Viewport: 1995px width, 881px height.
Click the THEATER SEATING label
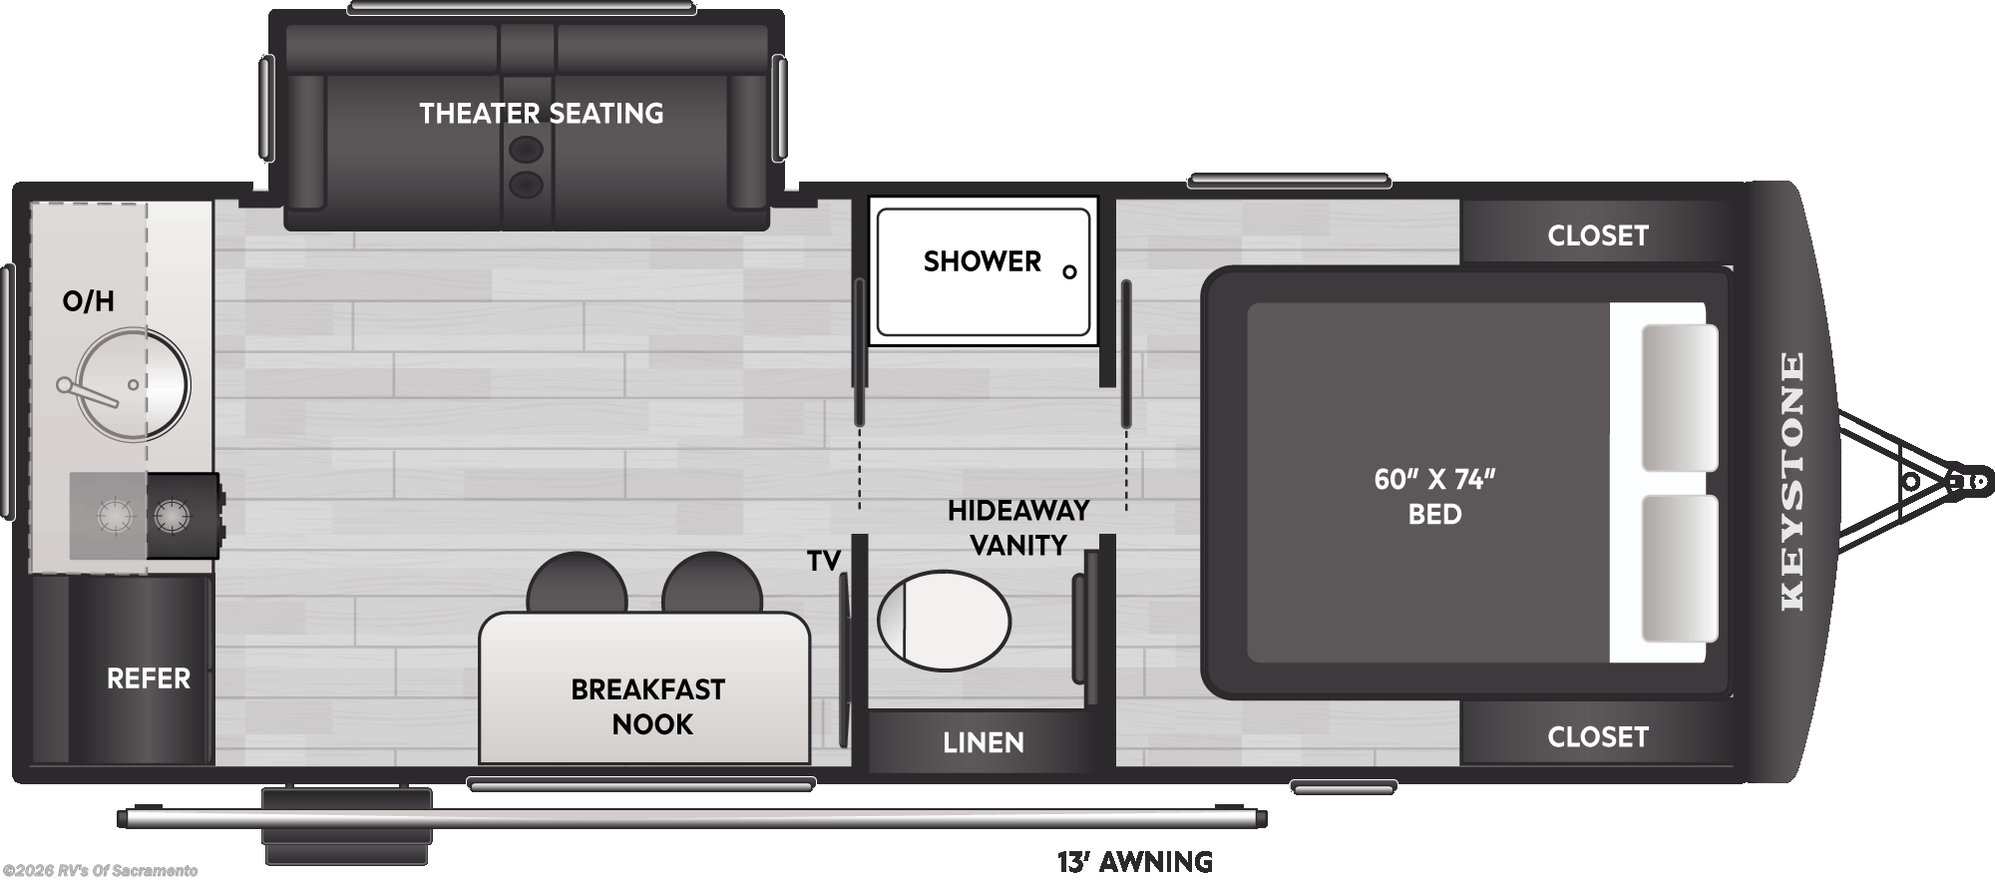[541, 114]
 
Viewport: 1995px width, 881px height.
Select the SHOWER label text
[982, 261]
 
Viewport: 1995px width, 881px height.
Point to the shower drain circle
[1069, 271]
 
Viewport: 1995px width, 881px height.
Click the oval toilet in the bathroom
[944, 621]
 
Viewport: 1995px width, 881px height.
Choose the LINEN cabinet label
[984, 742]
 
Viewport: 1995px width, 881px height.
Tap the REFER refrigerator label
[148, 678]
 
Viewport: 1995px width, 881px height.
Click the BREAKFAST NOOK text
[648, 706]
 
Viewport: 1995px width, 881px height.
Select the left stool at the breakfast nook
[577, 584]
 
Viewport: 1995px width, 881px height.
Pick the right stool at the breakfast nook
[712, 584]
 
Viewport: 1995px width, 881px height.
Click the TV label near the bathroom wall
[824, 562]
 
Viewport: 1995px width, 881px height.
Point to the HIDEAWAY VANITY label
[1018, 528]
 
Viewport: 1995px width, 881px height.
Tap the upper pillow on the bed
[1680, 397]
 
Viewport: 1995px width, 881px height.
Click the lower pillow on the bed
[1680, 569]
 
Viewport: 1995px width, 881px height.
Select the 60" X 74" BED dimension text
[1435, 497]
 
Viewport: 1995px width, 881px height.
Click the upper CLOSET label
[1598, 235]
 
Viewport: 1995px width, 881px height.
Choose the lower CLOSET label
[1598, 737]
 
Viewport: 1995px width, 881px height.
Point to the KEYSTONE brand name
[1793, 481]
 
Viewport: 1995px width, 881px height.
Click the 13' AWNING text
[1135, 861]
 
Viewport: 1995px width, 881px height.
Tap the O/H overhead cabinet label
[88, 300]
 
